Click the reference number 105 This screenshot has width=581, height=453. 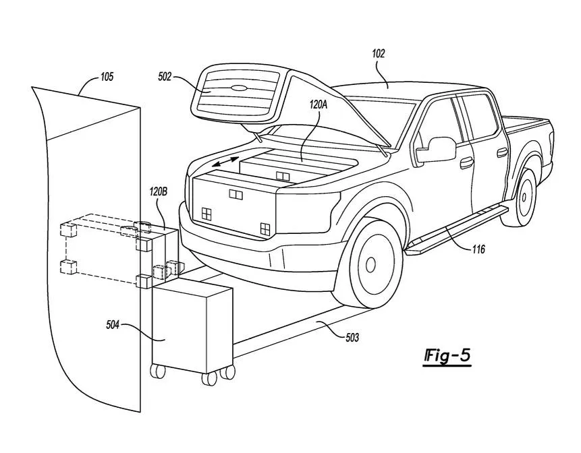[x=107, y=77]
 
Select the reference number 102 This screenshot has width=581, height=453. [x=379, y=54]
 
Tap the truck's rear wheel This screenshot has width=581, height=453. [x=526, y=196]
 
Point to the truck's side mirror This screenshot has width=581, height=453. [x=435, y=149]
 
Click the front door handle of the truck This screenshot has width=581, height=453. [x=466, y=162]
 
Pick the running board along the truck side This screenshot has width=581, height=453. [x=459, y=229]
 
